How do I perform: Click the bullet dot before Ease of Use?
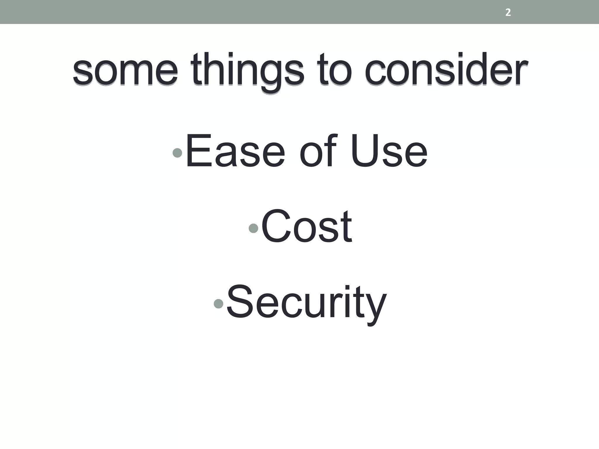tap(177, 153)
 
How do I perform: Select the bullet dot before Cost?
tap(253, 228)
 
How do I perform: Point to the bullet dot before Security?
tap(218, 304)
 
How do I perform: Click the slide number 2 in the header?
tap(508, 13)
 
